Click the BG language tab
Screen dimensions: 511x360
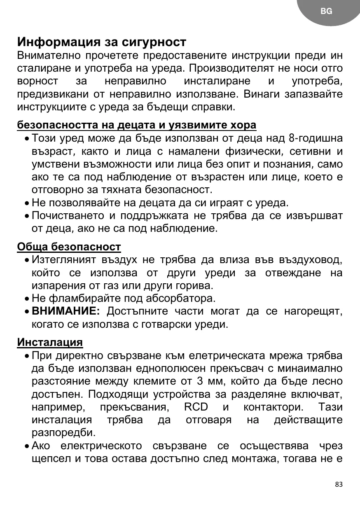pos(326,12)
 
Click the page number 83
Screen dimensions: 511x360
pos(339,484)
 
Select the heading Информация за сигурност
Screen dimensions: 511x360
pos(102,42)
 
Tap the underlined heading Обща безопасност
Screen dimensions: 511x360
pos(69,247)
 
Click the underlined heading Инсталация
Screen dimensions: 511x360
pos(50,342)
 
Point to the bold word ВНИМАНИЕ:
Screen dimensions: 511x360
pos(66,311)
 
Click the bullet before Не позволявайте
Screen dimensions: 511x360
pos(26,203)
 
